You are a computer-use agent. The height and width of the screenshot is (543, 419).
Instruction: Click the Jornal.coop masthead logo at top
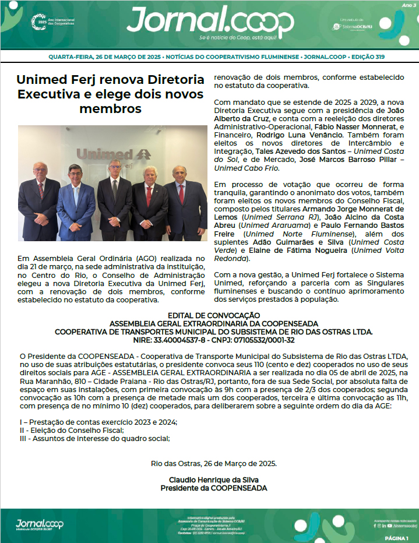pyautogui.click(x=210, y=22)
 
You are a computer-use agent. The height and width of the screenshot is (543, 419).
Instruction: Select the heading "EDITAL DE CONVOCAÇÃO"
pyautogui.click(x=209, y=315)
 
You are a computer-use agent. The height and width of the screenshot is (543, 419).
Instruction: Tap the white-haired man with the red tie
pyautogui.click(x=150, y=201)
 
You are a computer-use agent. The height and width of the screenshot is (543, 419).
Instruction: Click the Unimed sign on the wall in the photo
pyautogui.click(x=114, y=154)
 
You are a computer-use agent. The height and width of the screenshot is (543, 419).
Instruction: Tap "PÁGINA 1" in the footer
pyautogui.click(x=397, y=538)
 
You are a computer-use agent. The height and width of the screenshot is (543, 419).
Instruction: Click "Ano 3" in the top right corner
pyautogui.click(x=409, y=5)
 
